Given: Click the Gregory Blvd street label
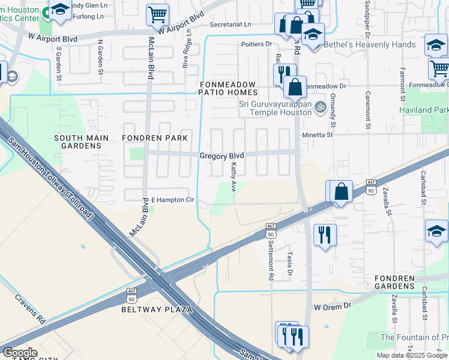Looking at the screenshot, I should point(221,155).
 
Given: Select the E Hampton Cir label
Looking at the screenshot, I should point(172,200).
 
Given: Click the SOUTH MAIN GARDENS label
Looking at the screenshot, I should point(82,142).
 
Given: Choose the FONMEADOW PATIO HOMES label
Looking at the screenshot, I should point(229,88).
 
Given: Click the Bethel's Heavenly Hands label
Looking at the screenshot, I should point(370,45).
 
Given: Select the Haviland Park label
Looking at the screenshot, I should point(424,110).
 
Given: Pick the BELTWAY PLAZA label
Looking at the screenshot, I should point(157,310).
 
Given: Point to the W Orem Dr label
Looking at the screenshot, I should point(333,307).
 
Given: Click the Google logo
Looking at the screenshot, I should point(20,353).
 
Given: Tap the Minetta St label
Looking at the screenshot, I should point(317,136).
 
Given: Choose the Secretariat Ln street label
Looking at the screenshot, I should point(231,25).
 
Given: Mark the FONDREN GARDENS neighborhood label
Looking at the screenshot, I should point(394,283).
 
